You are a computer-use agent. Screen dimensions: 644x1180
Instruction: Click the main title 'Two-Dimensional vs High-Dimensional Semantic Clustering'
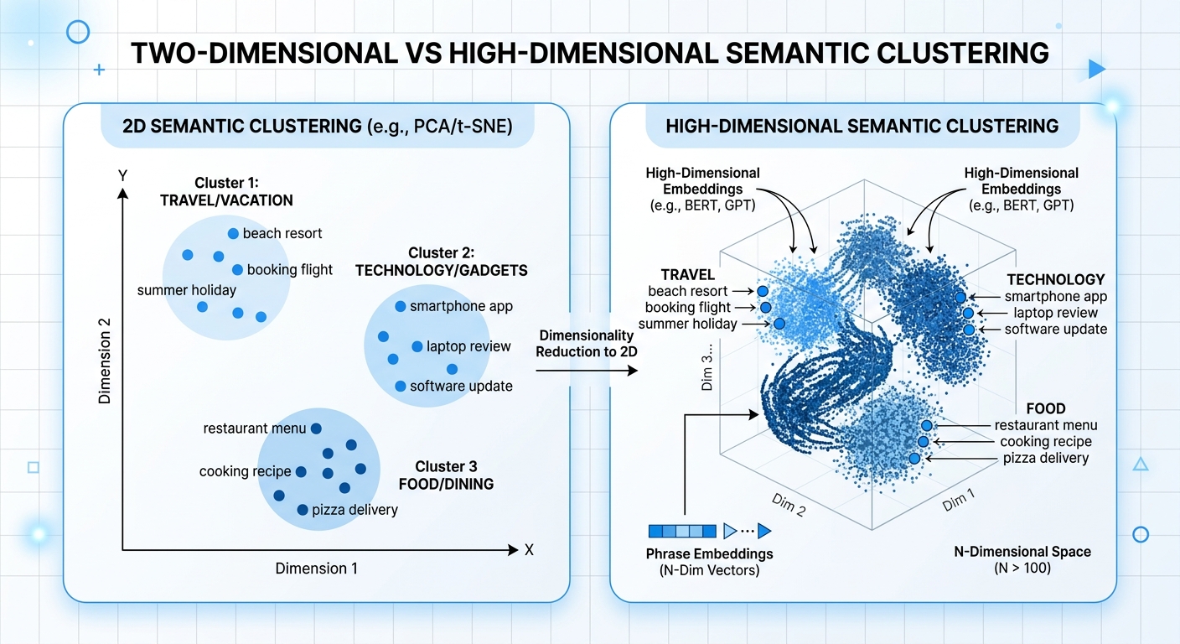(x=590, y=53)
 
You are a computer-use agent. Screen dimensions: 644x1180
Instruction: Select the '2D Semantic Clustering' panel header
(x=316, y=128)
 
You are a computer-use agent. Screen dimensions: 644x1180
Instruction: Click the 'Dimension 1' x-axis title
(x=316, y=569)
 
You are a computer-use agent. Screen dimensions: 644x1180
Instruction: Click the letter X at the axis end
(x=529, y=550)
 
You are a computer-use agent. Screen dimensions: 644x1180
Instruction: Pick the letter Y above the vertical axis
(x=122, y=177)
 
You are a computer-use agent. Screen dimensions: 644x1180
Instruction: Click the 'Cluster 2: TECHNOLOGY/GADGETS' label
(x=442, y=261)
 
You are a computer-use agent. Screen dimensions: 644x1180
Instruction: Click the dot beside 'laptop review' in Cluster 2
(x=417, y=346)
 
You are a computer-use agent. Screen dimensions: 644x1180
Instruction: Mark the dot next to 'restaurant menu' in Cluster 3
(x=316, y=428)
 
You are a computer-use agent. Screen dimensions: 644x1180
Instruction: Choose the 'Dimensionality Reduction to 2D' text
(x=587, y=343)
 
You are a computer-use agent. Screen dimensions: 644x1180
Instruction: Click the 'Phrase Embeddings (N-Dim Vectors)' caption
(x=709, y=562)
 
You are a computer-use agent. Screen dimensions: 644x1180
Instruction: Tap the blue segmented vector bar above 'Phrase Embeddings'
(x=682, y=530)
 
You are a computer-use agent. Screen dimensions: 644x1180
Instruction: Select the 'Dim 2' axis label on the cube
(x=788, y=503)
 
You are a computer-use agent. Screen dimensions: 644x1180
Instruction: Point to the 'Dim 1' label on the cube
(x=959, y=501)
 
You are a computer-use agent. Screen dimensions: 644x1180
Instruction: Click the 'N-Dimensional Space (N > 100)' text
(x=1022, y=560)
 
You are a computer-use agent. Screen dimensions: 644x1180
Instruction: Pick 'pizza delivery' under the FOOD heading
(x=1045, y=458)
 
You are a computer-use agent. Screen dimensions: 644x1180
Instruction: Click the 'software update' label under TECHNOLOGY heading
(x=1055, y=330)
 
